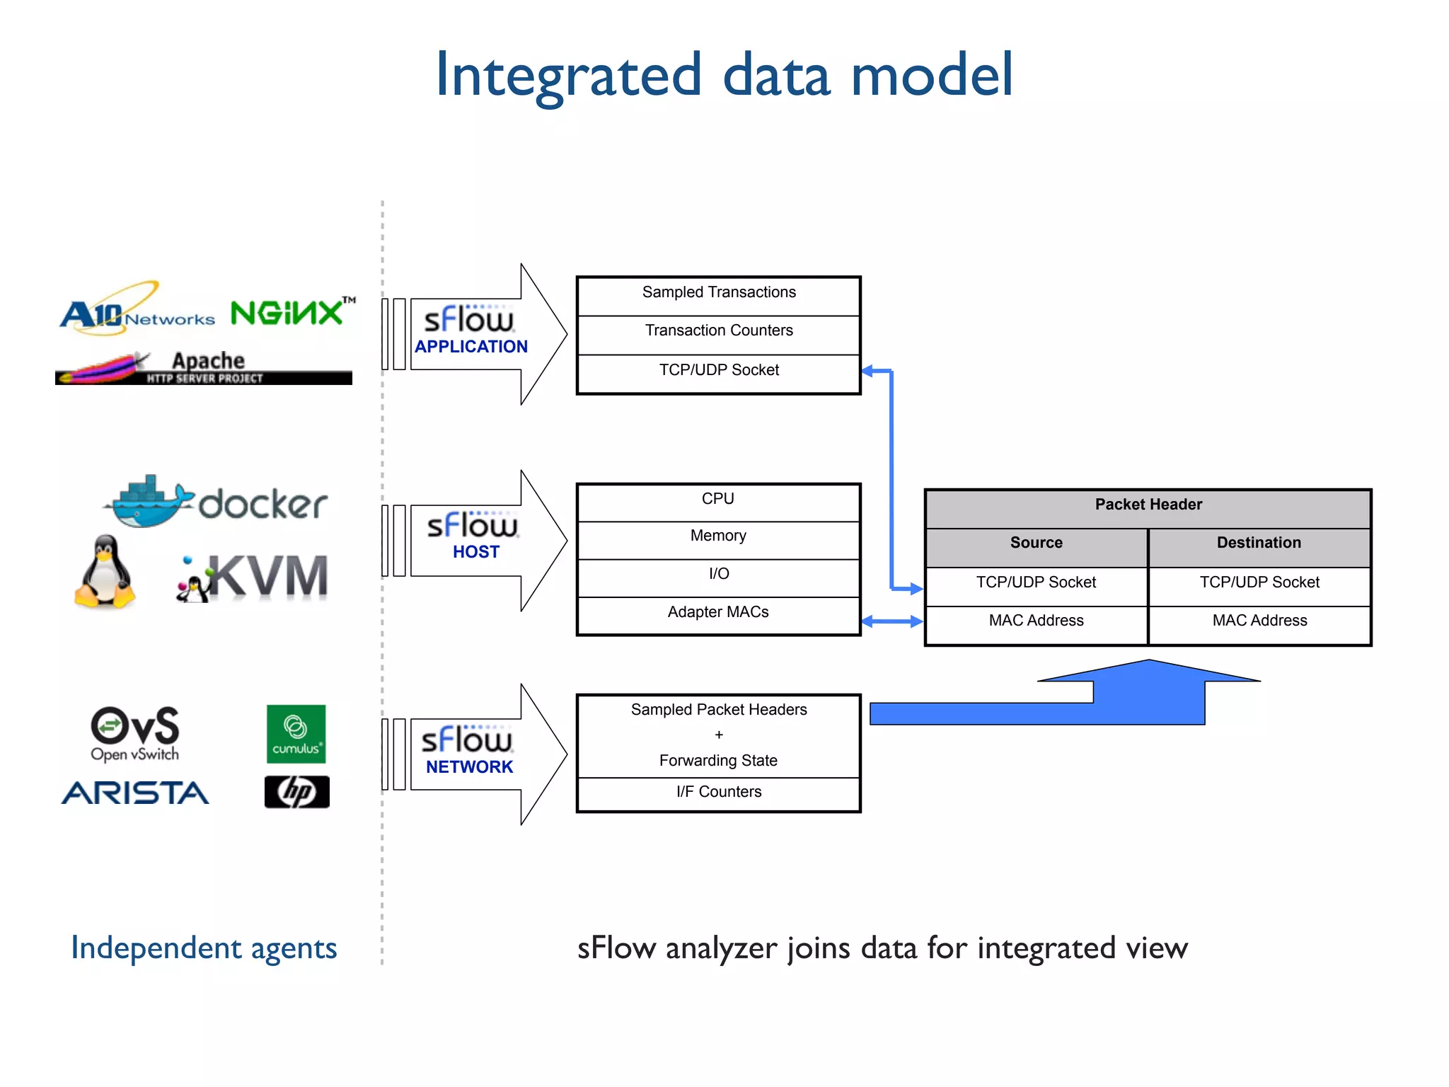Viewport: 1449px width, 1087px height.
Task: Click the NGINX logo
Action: point(288,312)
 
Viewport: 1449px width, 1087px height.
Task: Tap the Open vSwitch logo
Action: point(135,733)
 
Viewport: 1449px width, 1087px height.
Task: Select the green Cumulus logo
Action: point(296,733)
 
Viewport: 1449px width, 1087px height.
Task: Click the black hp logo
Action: point(296,792)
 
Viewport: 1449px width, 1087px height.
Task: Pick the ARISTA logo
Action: point(135,793)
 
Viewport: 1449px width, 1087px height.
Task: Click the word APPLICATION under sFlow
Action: point(471,347)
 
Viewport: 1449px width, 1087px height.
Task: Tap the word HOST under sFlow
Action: point(476,552)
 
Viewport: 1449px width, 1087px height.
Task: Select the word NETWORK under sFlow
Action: point(469,767)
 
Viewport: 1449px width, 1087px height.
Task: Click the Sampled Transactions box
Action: point(718,293)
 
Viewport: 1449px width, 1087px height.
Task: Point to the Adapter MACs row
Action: point(718,613)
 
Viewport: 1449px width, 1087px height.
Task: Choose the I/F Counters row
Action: point(718,793)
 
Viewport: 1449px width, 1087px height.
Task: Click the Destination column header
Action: point(1259,543)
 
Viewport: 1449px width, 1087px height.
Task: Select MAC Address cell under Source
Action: point(1036,621)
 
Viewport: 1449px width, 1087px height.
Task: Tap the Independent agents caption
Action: point(204,948)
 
